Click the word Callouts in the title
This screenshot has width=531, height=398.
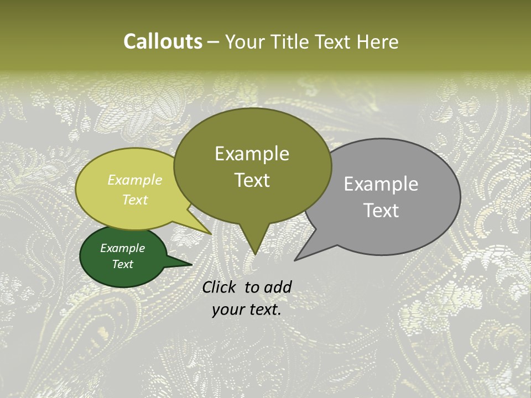pos(163,41)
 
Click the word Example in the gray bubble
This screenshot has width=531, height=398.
pos(381,184)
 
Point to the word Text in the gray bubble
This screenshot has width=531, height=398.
pos(381,211)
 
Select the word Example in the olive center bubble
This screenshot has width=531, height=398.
pos(252,154)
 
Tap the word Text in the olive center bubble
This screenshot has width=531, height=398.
pos(252,180)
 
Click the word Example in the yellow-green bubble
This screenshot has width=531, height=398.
pos(135,180)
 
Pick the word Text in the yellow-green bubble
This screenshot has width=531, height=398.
pos(135,200)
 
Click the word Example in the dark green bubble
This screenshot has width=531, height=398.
pos(122,248)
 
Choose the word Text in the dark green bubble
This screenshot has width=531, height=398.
pos(123,264)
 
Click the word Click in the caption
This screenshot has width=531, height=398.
pos(220,287)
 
